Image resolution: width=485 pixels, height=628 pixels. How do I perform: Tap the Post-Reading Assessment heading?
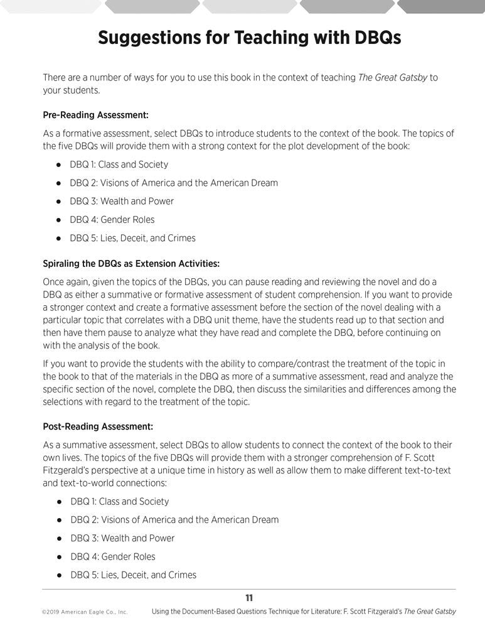[x=98, y=426]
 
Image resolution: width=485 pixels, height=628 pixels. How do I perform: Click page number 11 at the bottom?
[x=249, y=597]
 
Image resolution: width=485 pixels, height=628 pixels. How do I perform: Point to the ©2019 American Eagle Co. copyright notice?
[x=85, y=612]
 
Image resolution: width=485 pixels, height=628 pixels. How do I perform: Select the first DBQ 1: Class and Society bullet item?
[x=119, y=165]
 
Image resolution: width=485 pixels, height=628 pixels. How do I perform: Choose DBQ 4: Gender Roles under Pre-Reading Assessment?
[x=112, y=220]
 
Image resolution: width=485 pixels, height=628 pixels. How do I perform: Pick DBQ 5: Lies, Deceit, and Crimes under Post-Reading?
[x=133, y=575]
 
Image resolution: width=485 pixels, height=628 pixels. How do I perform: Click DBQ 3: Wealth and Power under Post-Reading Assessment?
[x=122, y=538]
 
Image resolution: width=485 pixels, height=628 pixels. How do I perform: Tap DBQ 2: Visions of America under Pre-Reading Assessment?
[x=174, y=183]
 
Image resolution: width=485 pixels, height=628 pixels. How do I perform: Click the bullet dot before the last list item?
[x=58, y=575]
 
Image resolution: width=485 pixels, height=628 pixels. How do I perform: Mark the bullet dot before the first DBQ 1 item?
[x=58, y=165]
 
